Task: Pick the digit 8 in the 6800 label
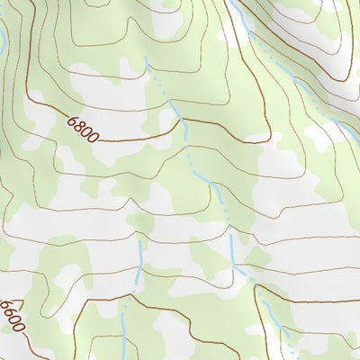tap(77, 124)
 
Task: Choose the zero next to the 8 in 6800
tap(85, 130)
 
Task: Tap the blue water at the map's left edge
tap(2, 40)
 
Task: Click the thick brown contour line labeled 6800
tap(135, 141)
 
